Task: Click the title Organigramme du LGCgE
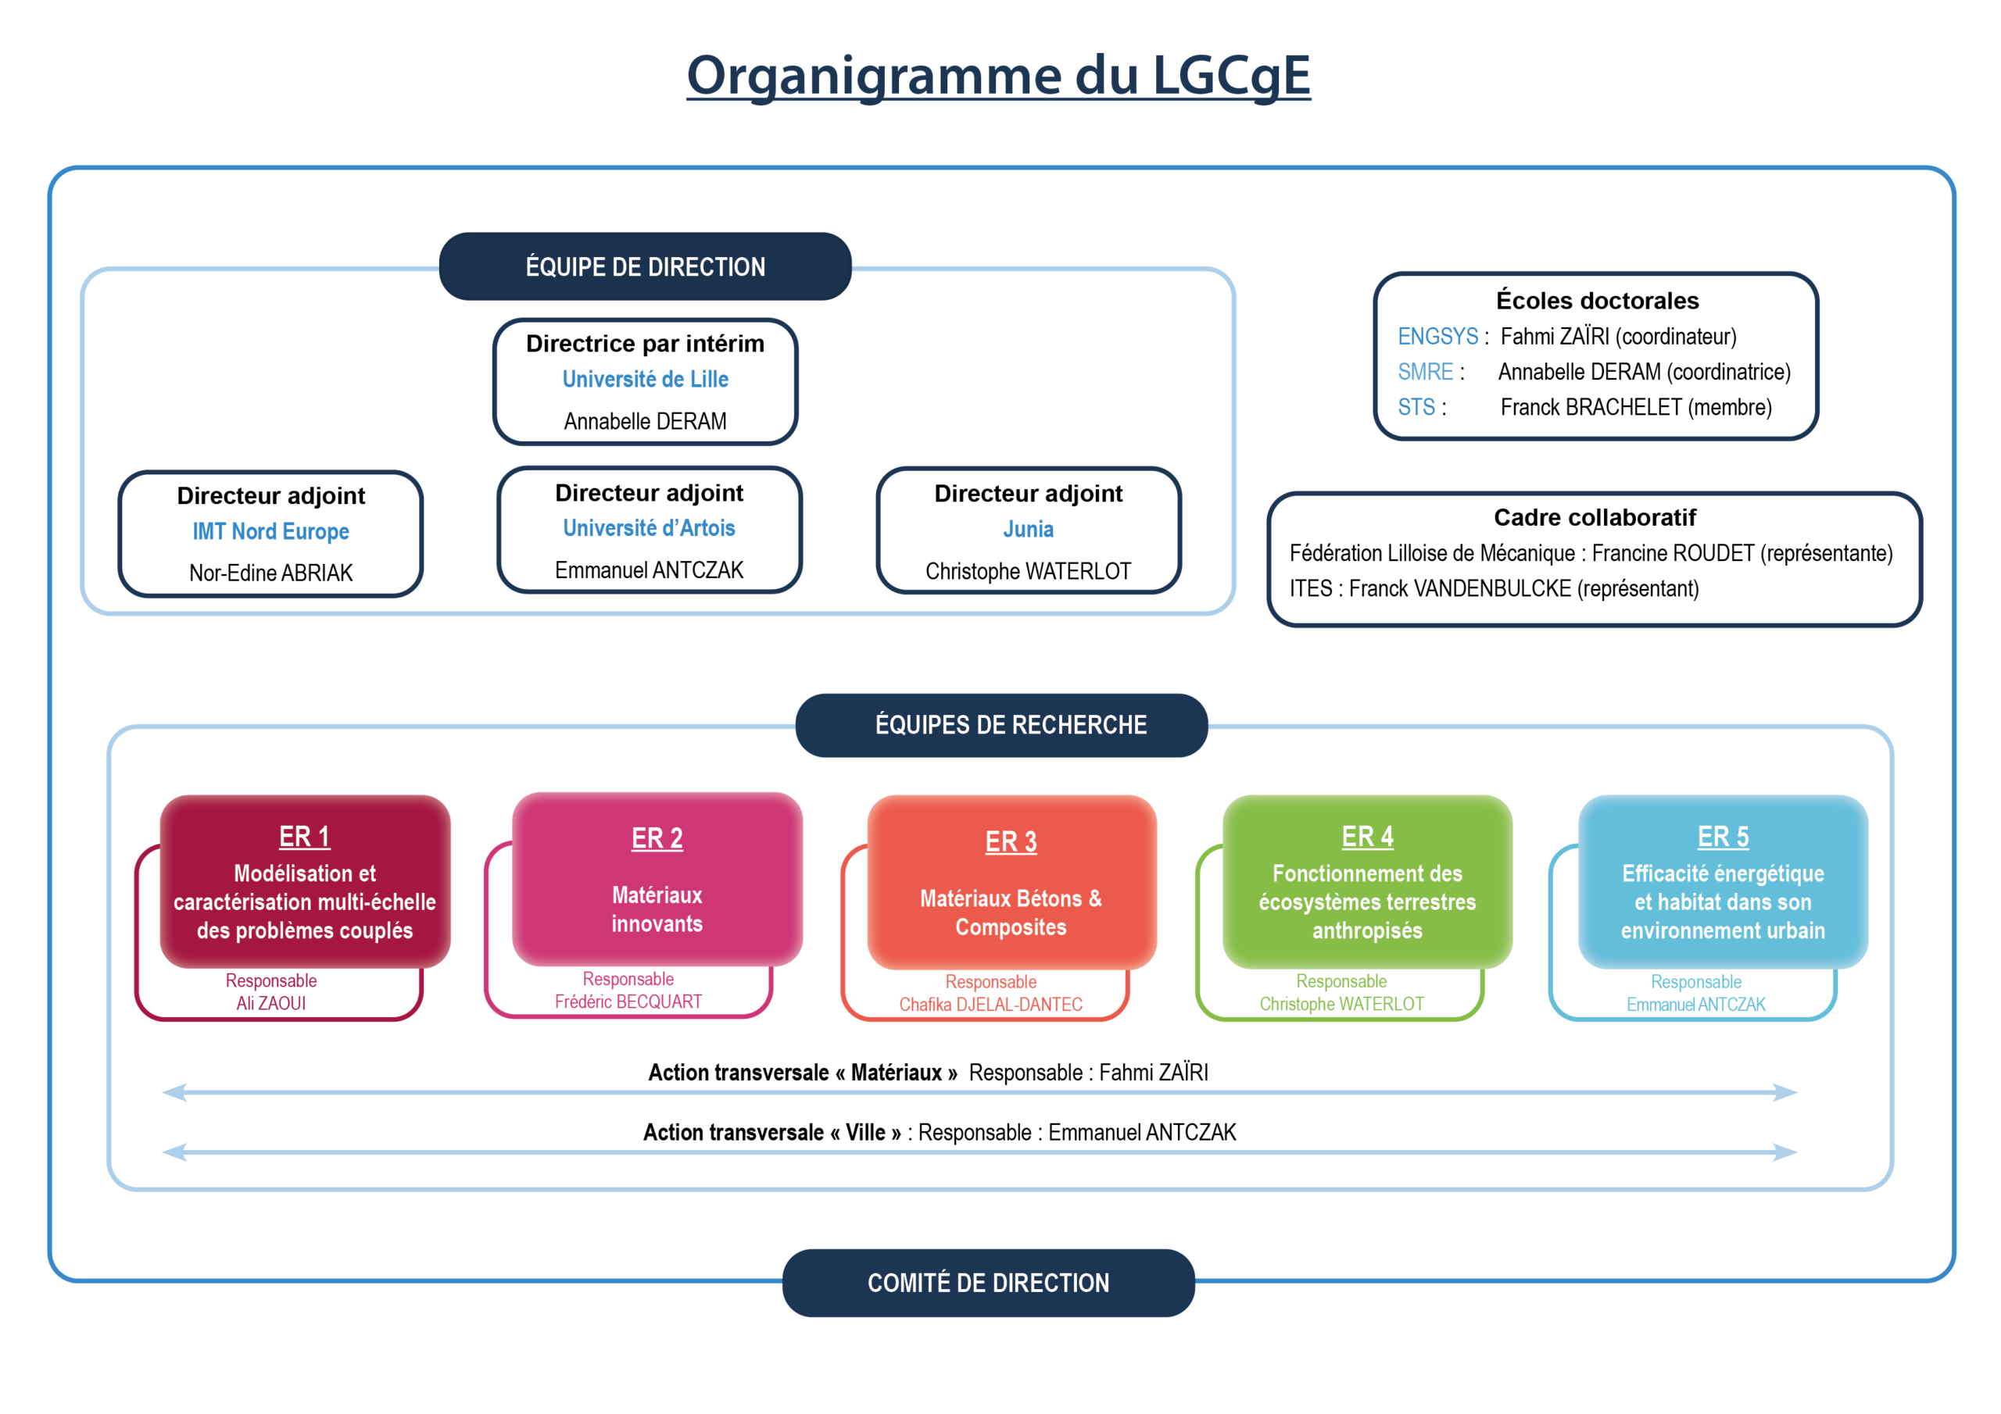(998, 75)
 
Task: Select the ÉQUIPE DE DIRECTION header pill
(645, 266)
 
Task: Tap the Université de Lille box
(645, 380)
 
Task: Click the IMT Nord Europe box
(271, 532)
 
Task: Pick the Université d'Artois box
(649, 529)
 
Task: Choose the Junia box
(1029, 530)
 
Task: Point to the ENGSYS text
(1437, 336)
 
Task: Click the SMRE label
(1425, 372)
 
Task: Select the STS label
(1416, 407)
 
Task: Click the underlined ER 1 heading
(304, 837)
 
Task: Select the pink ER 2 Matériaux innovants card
(657, 880)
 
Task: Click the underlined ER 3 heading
(1011, 842)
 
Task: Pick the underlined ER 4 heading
(1366, 837)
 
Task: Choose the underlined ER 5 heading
(1723, 837)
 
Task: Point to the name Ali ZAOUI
(271, 1004)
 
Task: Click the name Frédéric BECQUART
(628, 1003)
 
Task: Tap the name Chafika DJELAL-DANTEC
(991, 1005)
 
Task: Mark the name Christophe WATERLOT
(1341, 1005)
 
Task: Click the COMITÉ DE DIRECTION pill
(988, 1283)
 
